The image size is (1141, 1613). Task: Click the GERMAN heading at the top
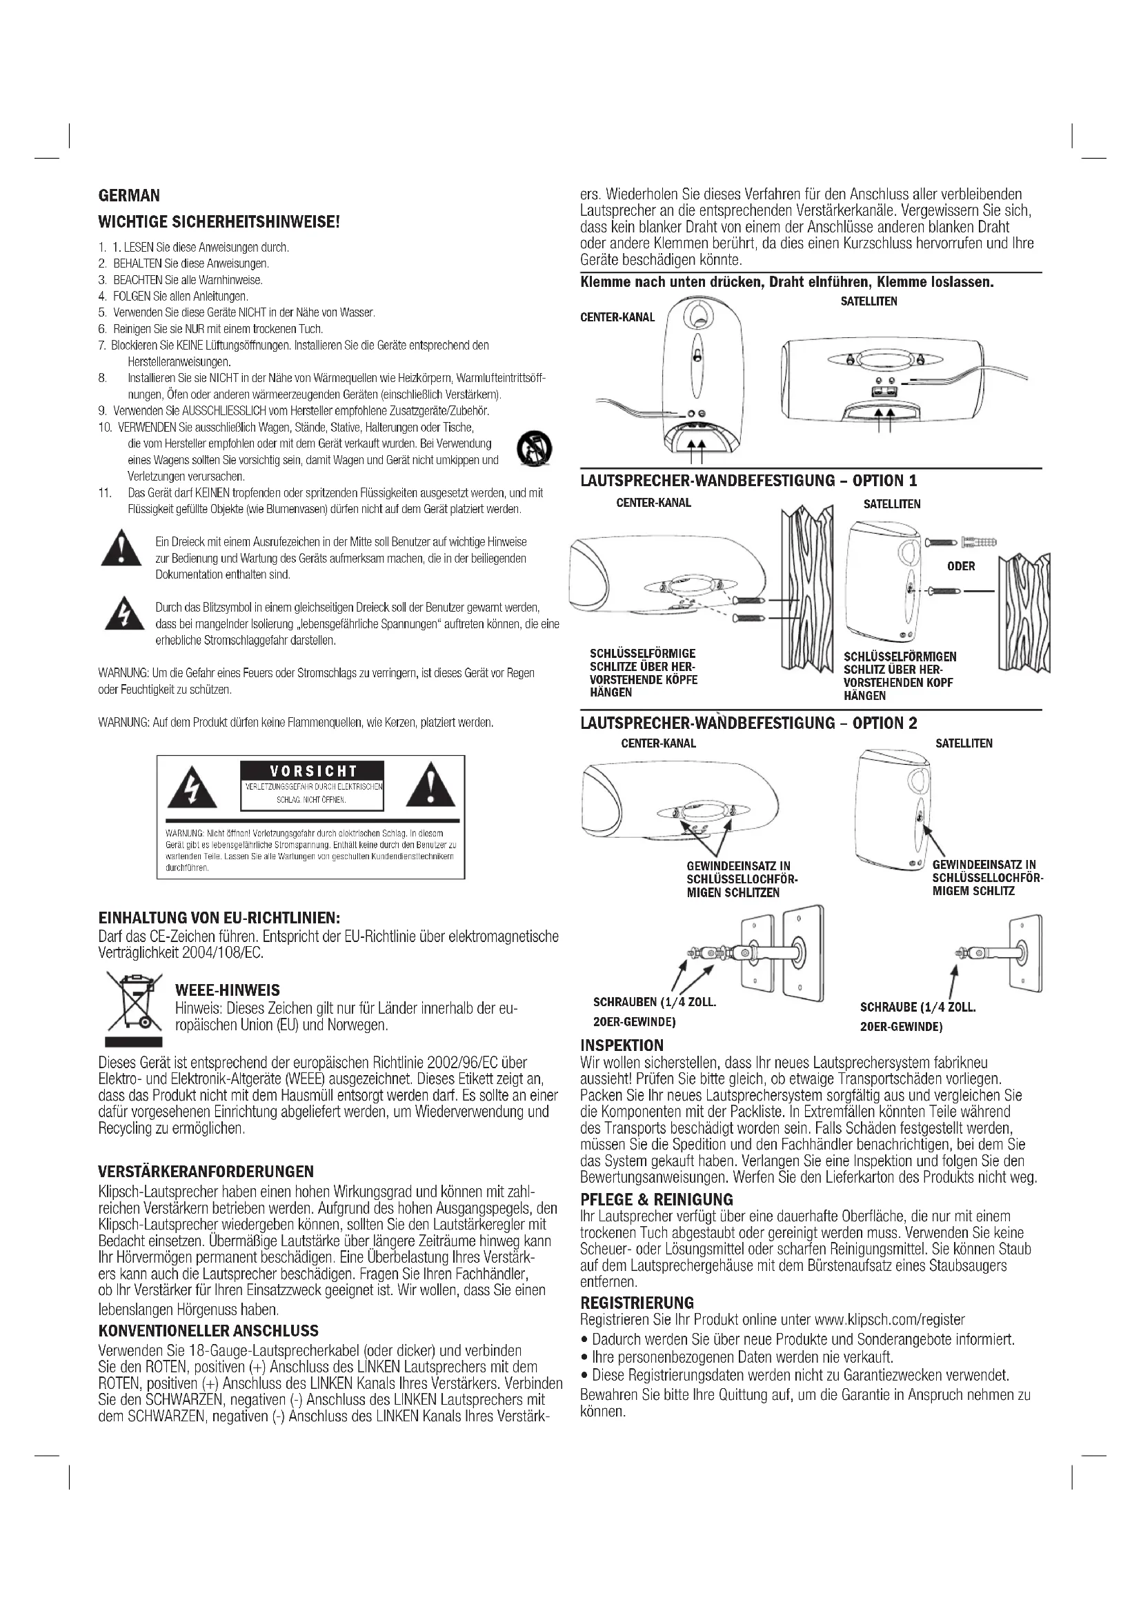click(129, 195)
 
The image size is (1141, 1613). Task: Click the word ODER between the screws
click(960, 566)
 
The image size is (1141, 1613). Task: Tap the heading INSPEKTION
click(622, 1045)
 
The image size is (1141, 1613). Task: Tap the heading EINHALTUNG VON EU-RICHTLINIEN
click(219, 917)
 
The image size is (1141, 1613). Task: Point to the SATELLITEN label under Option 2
click(963, 743)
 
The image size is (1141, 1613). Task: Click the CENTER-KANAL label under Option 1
click(653, 502)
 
